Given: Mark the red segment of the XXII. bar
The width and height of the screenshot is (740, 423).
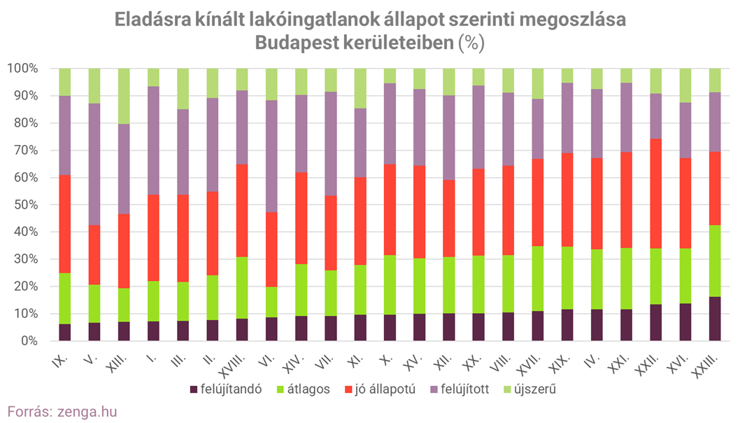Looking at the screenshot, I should coord(656,193).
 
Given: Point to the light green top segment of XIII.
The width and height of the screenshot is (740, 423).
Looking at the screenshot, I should coord(124,96).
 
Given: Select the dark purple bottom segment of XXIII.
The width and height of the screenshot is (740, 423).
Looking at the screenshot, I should coord(715,319).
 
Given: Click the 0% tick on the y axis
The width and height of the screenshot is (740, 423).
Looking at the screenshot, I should coord(26,341).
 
